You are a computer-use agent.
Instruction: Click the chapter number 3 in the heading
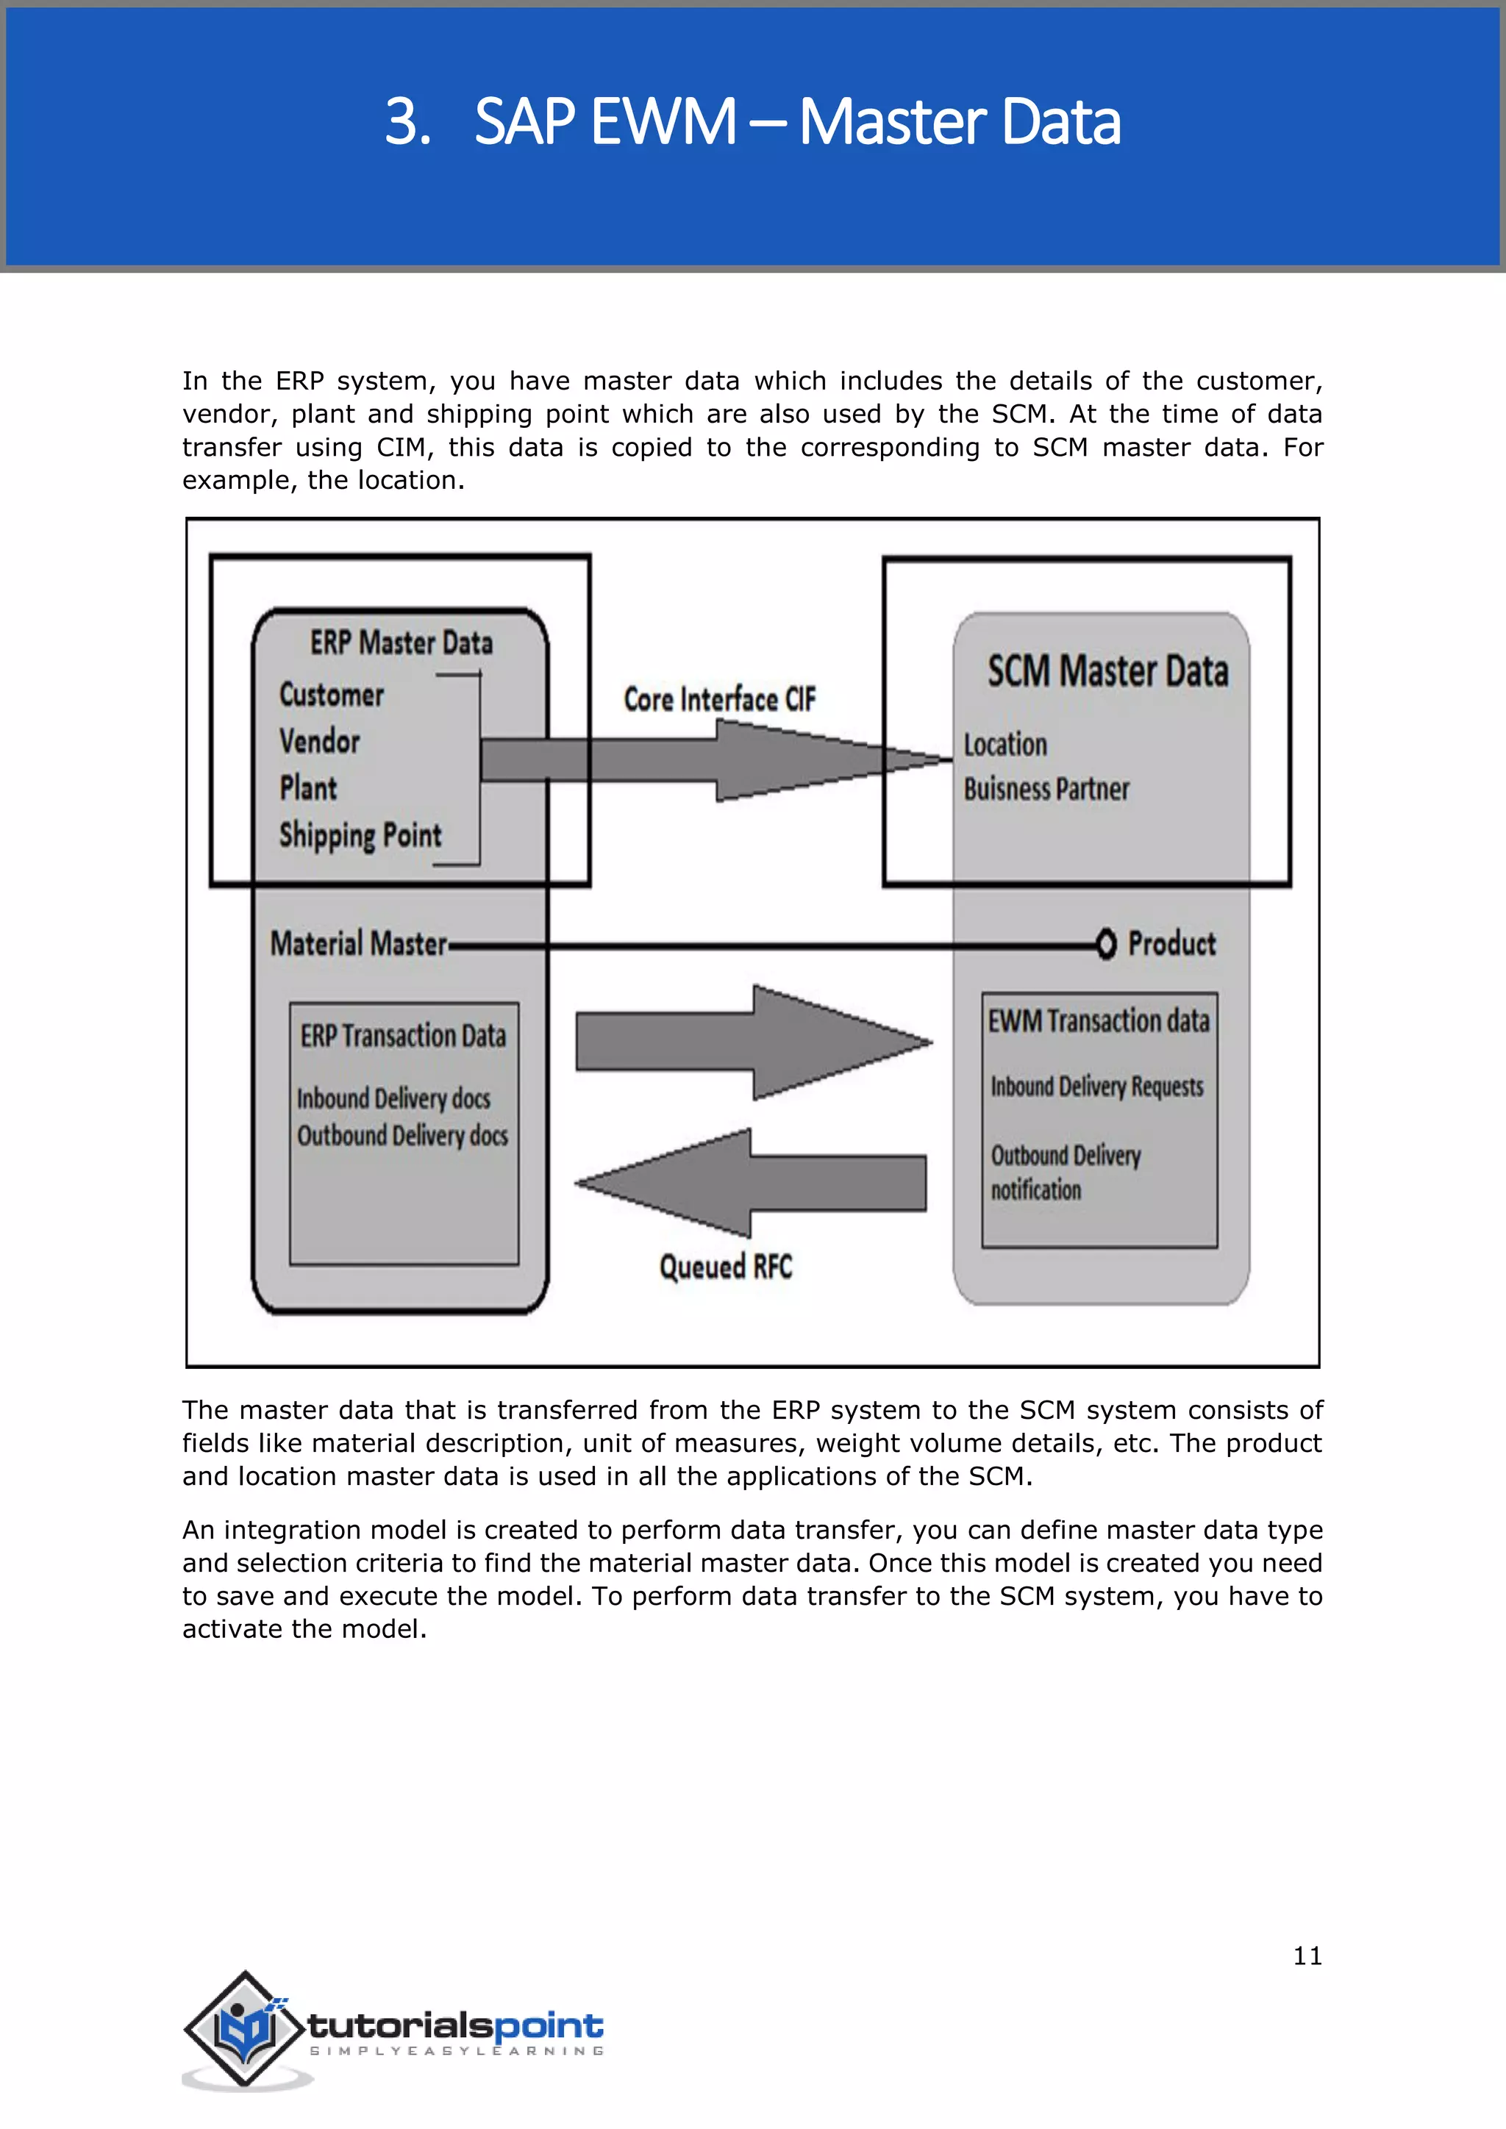pyautogui.click(x=406, y=122)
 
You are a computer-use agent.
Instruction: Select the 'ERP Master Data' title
pyautogui.click(x=401, y=643)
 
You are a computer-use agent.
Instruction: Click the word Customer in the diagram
pyautogui.click(x=331, y=695)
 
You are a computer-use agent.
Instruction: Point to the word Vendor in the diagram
pyautogui.click(x=319, y=741)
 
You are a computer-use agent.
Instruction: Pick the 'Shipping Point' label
pyautogui.click(x=360, y=834)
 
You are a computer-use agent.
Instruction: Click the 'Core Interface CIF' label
pyautogui.click(x=718, y=699)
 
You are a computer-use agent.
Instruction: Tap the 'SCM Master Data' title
pyautogui.click(x=1107, y=671)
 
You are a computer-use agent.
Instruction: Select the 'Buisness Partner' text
pyautogui.click(x=1046, y=789)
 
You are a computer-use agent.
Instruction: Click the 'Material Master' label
pyautogui.click(x=358, y=944)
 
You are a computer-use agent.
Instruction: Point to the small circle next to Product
pyautogui.click(x=1105, y=944)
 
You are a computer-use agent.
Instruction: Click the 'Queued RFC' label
pyautogui.click(x=725, y=1267)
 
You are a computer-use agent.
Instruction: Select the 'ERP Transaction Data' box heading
pyautogui.click(x=402, y=1036)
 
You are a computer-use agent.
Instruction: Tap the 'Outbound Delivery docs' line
pyautogui.click(x=402, y=1136)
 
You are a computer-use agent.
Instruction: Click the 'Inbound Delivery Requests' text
pyautogui.click(x=1096, y=1086)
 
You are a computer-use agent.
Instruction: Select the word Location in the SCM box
pyautogui.click(x=1004, y=745)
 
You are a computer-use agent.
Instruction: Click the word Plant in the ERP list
pyautogui.click(x=308, y=788)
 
